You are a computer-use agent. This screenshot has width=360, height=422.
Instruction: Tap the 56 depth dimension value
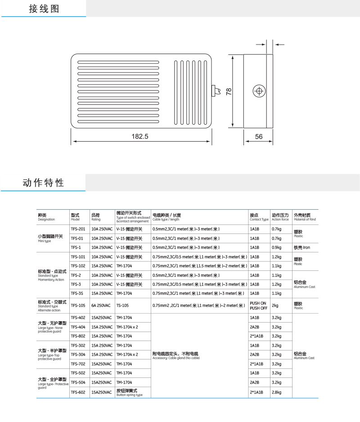click(x=258, y=136)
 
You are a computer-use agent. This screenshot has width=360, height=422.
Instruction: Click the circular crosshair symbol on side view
click(x=259, y=91)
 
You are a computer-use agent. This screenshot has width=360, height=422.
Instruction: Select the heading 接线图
click(x=44, y=9)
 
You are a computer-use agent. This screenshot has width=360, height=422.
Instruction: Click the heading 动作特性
click(x=43, y=183)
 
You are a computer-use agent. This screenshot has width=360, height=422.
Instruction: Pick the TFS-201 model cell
click(x=78, y=229)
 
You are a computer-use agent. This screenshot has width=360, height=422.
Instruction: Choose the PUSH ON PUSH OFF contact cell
click(x=258, y=305)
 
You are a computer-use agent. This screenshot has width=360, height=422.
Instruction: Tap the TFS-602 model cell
click(x=78, y=392)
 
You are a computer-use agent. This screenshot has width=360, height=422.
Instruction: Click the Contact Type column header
click(x=259, y=217)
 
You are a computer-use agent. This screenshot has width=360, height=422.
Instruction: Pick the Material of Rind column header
click(x=305, y=217)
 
